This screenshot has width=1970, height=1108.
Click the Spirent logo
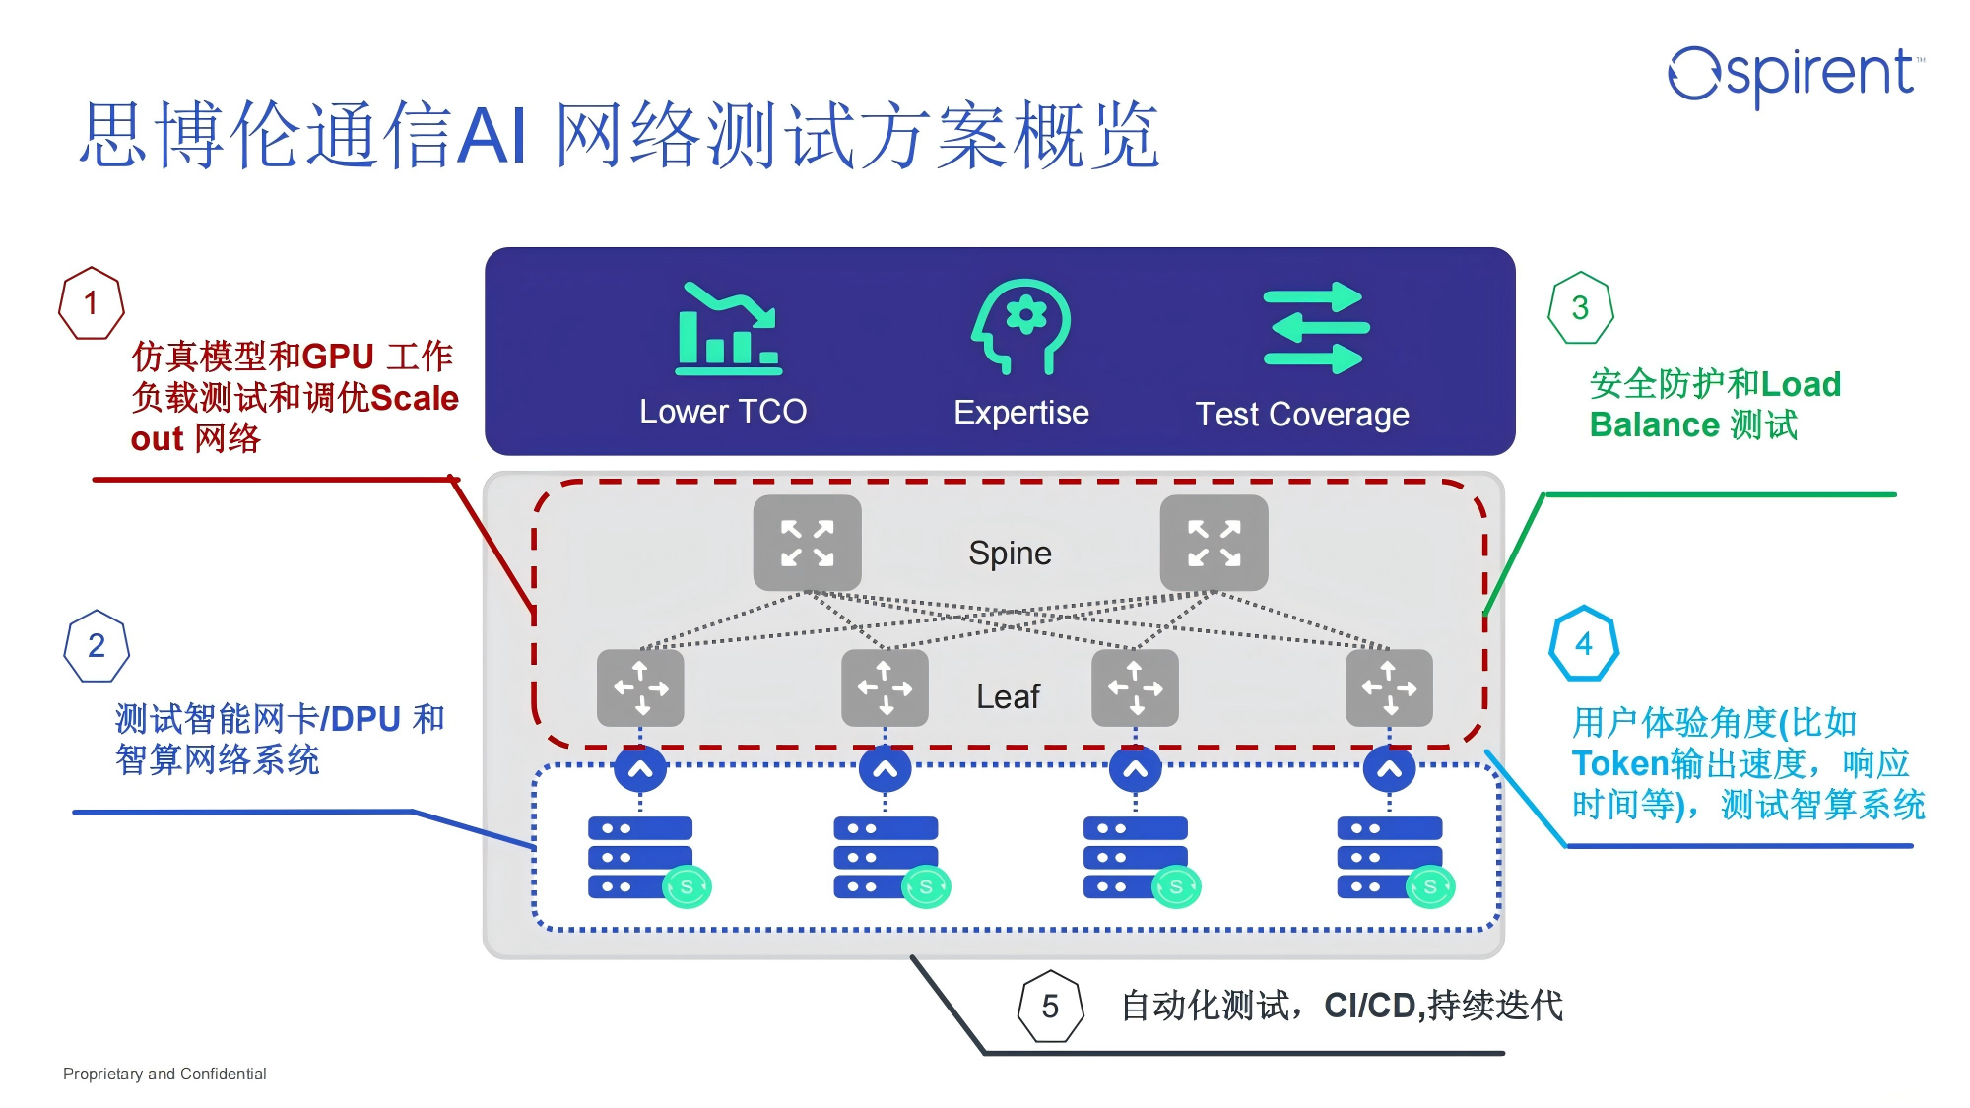pos(1795,74)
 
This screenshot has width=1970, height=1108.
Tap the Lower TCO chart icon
pos(728,329)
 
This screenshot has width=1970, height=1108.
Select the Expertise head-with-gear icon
pos(1021,326)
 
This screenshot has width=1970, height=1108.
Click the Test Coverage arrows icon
pos(1315,328)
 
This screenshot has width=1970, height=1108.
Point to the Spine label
pos(1010,554)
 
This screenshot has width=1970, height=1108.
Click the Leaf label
pos(1008,696)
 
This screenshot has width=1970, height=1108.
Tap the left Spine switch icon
pos(807,544)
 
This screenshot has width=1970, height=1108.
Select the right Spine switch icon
pos(1214,544)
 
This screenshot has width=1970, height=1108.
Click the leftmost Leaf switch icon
pos(640,687)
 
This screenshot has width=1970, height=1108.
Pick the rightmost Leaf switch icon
pos(1389,687)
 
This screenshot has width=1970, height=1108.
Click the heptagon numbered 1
pos(92,303)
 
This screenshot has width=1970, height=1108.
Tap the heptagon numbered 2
pos(97,646)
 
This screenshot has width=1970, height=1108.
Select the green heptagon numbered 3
pos(1580,308)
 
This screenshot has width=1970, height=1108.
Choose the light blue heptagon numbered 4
pos(1584,644)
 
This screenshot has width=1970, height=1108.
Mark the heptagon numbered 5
pos(1050,1007)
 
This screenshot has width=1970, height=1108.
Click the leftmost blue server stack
pos(640,857)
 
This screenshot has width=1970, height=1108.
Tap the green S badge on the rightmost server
pos(1430,886)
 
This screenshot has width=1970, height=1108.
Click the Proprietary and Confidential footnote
pos(164,1074)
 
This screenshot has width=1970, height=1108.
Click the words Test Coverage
pos(1301,415)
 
